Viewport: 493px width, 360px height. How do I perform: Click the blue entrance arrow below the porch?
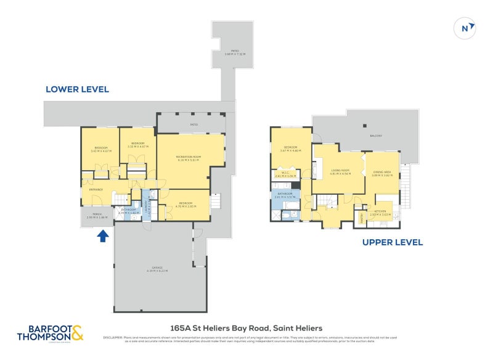point(103,235)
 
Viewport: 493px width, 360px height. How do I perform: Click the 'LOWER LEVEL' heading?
point(77,89)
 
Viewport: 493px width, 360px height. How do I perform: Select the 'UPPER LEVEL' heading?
point(393,242)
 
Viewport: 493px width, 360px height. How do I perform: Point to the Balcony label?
point(376,136)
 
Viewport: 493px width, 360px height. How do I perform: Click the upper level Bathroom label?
point(285,195)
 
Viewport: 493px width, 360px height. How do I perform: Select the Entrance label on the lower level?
point(96,190)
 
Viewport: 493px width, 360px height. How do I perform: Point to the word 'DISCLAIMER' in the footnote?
point(112,337)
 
